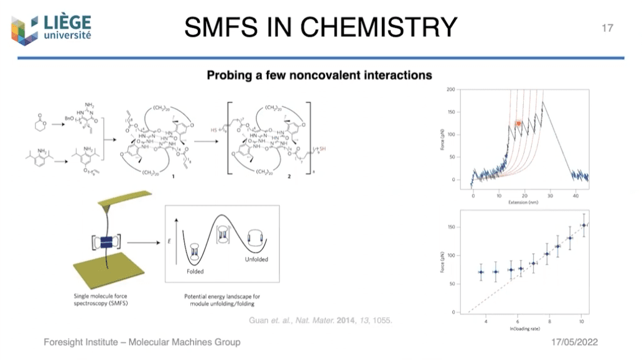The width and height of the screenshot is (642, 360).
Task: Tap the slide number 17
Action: pos(607,28)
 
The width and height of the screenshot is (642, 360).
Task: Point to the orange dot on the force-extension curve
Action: pos(518,124)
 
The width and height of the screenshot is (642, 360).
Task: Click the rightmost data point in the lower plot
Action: pos(584,226)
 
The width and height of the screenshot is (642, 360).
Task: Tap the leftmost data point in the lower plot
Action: pos(480,272)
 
